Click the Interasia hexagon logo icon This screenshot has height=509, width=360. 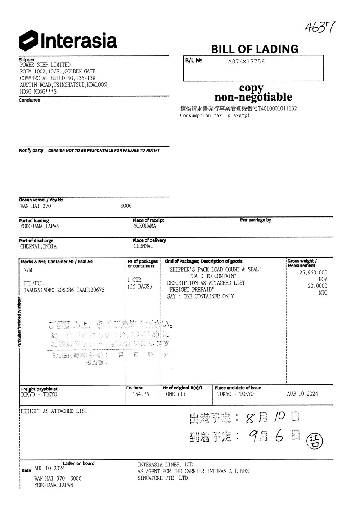pos(28,40)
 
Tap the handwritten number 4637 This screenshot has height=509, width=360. pos(320,27)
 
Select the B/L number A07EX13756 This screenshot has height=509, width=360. pos(246,62)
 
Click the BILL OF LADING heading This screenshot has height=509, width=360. pos(255,49)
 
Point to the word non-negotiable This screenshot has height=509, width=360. pos(253,97)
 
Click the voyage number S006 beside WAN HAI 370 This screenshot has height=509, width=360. pos(126,206)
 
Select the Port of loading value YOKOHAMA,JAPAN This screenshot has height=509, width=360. pos(40,226)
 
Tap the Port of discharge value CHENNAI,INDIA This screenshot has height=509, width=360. pos(38,246)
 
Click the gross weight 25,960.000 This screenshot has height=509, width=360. pos(313,273)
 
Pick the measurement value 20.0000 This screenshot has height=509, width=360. pos(317,286)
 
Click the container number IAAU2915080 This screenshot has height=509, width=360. pos(39,290)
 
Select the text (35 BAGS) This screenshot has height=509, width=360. pos(140,287)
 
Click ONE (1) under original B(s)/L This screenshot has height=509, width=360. pos(176,394)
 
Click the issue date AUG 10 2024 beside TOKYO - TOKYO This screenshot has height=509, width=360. pos(302,394)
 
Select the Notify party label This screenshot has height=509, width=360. pos(31,151)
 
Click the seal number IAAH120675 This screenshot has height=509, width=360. pos(91,290)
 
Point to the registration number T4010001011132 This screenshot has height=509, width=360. pos(277,108)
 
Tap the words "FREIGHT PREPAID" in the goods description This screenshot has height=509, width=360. pos(190,290)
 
